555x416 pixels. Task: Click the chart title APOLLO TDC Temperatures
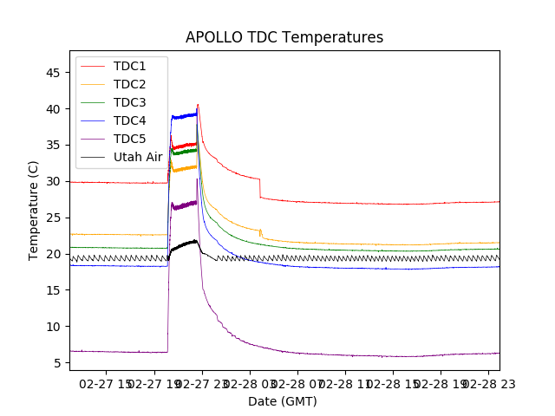[x=284, y=37]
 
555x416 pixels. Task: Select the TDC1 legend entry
[x=129, y=66]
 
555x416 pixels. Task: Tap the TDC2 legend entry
[x=129, y=84]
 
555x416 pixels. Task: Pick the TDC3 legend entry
[x=129, y=102]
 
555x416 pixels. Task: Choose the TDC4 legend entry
[x=129, y=120]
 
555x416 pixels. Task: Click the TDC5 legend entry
[x=129, y=139]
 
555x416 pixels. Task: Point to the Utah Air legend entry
[x=138, y=157]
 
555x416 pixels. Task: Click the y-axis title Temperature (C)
[x=34, y=210]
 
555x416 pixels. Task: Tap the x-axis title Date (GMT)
[x=283, y=401]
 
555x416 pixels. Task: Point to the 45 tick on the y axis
[x=54, y=73]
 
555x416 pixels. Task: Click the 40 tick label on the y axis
[x=54, y=109]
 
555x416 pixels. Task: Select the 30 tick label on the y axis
[x=54, y=181]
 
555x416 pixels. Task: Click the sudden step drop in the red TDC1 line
[x=260, y=188]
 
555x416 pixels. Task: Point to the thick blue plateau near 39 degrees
[x=184, y=115]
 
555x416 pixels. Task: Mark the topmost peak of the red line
[x=198, y=105]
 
